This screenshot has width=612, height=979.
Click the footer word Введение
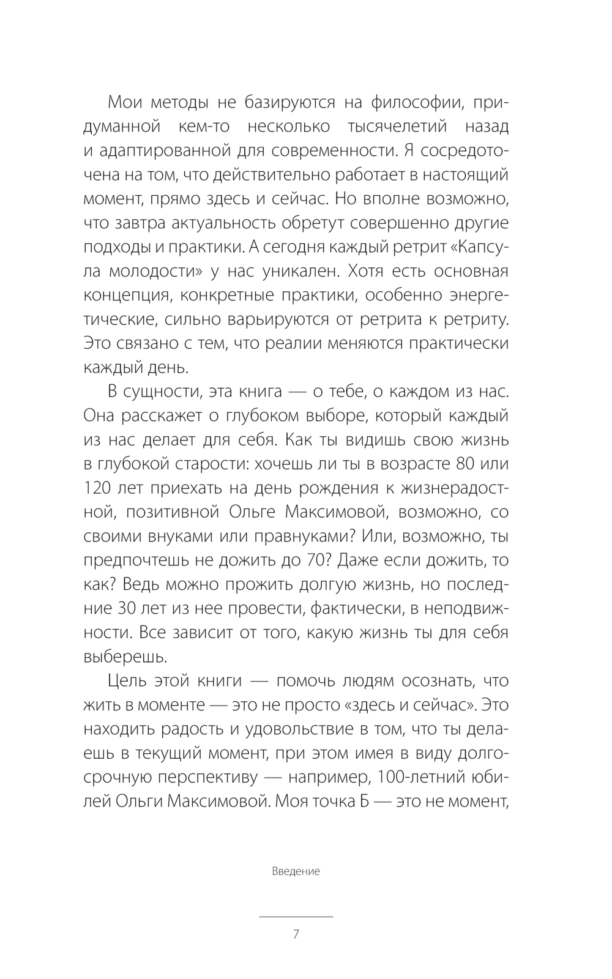coord(296,871)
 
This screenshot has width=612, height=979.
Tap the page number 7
coord(296,934)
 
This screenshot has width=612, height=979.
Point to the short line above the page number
coord(296,917)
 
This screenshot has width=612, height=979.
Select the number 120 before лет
coord(98,488)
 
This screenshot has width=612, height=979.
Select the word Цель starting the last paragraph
coord(125,680)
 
